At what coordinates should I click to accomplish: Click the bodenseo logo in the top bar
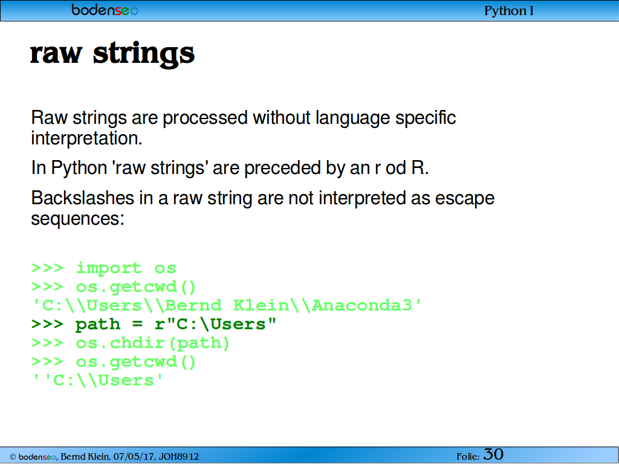click(x=105, y=10)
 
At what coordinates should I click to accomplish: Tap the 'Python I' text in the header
click(x=509, y=11)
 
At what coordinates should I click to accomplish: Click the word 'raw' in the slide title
click(x=56, y=54)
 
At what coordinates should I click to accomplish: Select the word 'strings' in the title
click(x=144, y=54)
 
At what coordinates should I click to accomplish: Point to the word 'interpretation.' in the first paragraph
click(x=86, y=138)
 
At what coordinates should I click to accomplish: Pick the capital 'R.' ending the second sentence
click(x=420, y=168)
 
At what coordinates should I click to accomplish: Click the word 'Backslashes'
click(x=82, y=198)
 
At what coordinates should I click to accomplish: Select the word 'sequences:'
click(x=78, y=219)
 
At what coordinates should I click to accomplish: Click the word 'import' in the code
click(x=109, y=268)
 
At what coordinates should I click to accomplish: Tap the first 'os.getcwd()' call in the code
click(x=136, y=287)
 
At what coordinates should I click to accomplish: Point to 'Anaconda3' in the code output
click(x=361, y=305)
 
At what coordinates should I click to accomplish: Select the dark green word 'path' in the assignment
click(x=98, y=324)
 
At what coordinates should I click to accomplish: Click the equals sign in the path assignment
click(x=137, y=324)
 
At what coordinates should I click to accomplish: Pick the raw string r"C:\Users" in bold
click(x=215, y=324)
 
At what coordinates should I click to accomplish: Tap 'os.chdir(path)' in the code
click(x=152, y=343)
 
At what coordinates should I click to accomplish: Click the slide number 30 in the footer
click(x=493, y=454)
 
